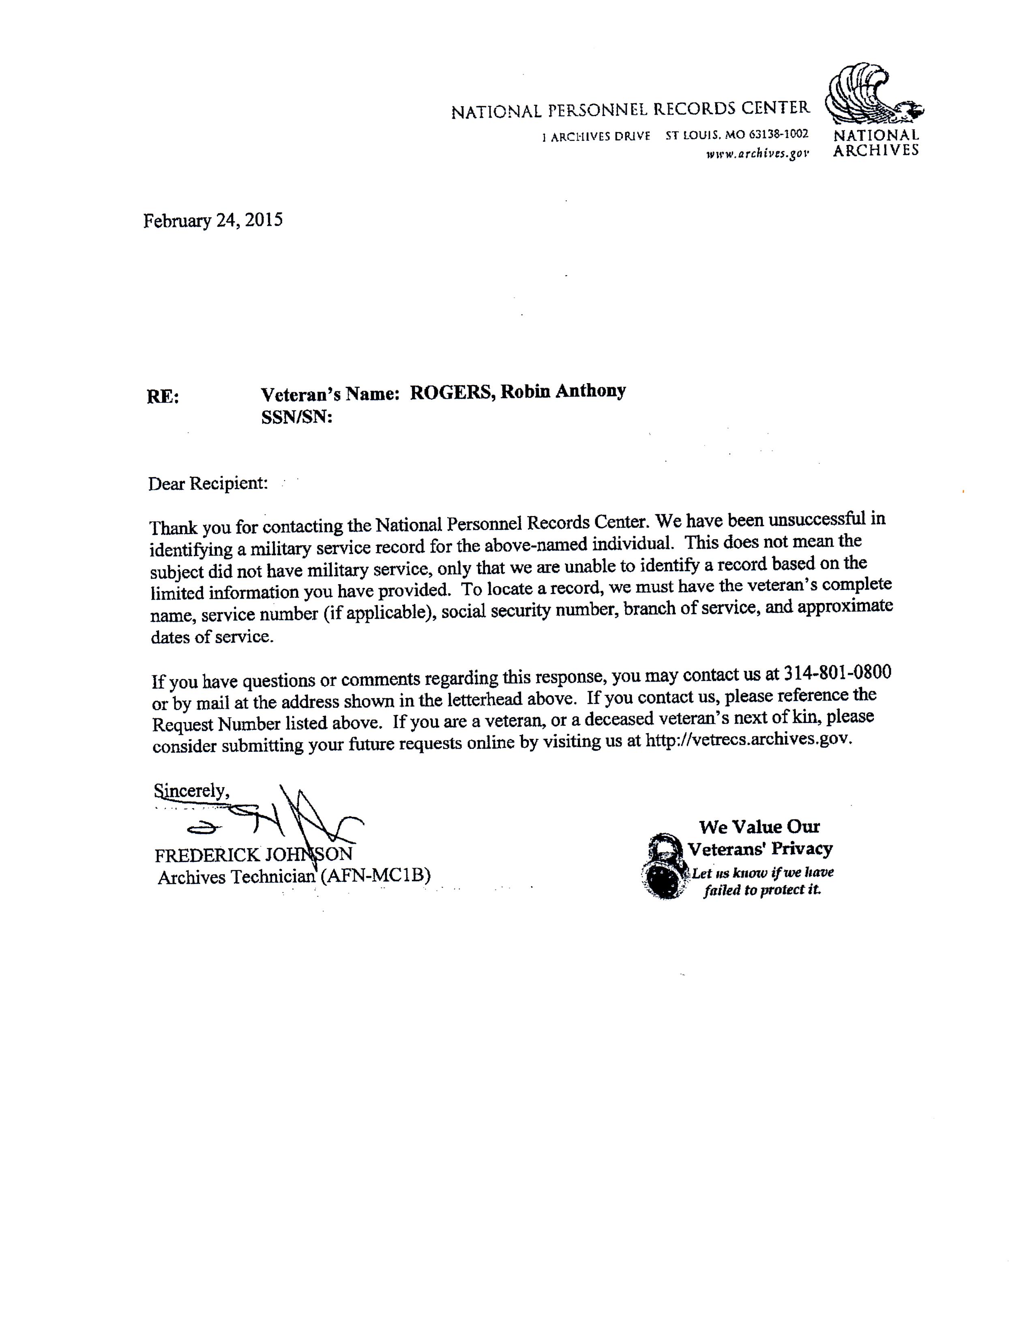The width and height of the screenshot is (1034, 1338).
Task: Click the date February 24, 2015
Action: pyautogui.click(x=213, y=221)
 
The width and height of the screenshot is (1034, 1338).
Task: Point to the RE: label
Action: pyautogui.click(x=162, y=397)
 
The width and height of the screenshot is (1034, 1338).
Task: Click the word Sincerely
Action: pyautogui.click(x=191, y=791)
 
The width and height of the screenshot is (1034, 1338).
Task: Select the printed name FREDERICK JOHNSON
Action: pyautogui.click(x=253, y=855)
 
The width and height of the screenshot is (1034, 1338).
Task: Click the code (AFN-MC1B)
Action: pyautogui.click(x=375, y=875)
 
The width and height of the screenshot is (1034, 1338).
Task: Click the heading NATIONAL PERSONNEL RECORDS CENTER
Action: pyautogui.click(x=630, y=110)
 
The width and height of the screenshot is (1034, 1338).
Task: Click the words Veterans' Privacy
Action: pyautogui.click(x=759, y=849)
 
